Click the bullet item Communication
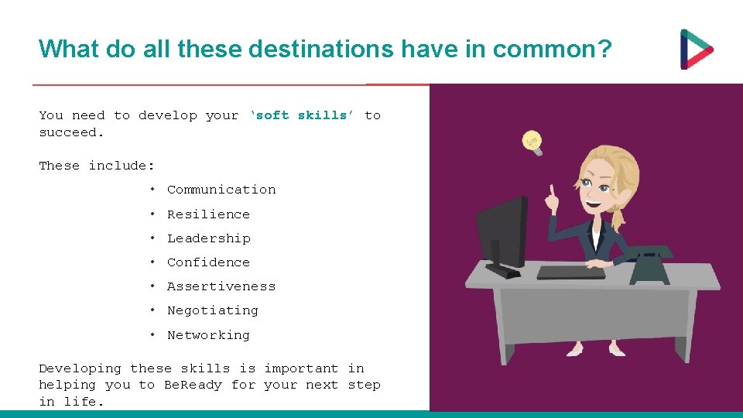tap(221, 190)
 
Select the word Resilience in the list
tap(208, 214)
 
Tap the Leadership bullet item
tap(208, 238)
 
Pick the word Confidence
tap(208, 262)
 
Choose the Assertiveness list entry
tap(221, 286)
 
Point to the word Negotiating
tap(213, 310)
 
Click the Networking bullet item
tap(208, 335)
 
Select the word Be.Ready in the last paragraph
tap(193, 385)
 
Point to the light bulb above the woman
tap(531, 141)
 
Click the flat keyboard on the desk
tap(571, 272)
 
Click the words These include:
tap(97, 166)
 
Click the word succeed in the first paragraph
tap(68, 132)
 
